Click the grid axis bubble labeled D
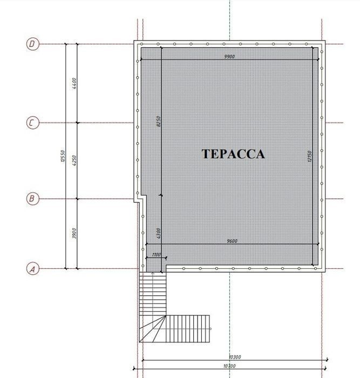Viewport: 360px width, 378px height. click(32, 44)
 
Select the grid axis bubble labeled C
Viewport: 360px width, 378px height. click(32, 123)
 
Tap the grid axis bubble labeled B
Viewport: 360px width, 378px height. click(32, 199)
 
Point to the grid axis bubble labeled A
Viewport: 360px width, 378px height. click(32, 268)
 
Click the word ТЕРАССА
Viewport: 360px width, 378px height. click(233, 154)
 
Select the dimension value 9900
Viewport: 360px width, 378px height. click(229, 57)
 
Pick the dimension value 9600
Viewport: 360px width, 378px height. click(232, 241)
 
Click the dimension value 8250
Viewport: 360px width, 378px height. click(158, 122)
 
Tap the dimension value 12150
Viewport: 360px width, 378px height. click(310, 157)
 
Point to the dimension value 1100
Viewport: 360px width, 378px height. click(157, 254)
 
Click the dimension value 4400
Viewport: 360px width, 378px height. click(74, 83)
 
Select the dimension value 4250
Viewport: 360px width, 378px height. click(74, 160)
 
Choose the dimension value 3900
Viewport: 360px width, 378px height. click(74, 233)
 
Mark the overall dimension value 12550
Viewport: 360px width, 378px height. click(63, 156)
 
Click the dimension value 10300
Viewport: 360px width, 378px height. click(234, 357)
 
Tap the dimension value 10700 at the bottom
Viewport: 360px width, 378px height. click(229, 366)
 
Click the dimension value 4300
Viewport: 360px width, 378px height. click(158, 233)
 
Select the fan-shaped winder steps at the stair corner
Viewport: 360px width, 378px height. click(153, 329)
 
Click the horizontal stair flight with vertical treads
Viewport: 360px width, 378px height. click(188, 328)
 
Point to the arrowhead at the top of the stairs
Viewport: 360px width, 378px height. click(153, 273)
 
